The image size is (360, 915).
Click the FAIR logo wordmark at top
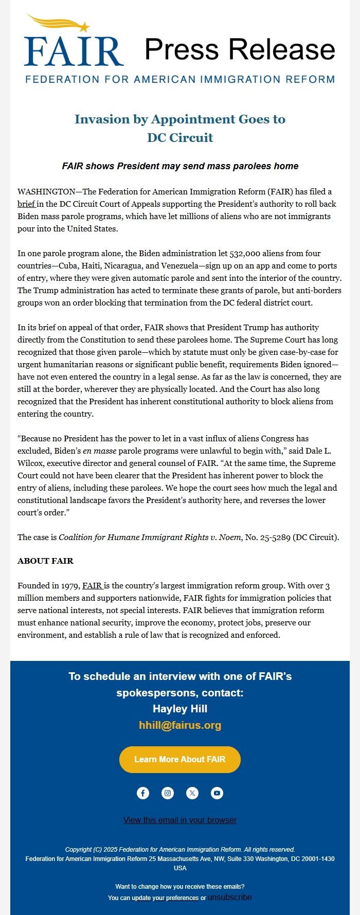(73, 51)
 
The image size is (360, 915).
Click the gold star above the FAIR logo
(84, 27)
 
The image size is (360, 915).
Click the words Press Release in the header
(240, 49)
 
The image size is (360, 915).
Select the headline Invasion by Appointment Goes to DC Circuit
(180, 128)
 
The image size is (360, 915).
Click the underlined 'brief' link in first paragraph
(26, 204)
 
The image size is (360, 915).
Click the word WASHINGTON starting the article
(46, 192)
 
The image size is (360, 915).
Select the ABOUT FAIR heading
(45, 561)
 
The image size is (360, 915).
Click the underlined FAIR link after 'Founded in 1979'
(92, 586)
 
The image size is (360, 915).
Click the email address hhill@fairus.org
(180, 725)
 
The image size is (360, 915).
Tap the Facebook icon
(143, 793)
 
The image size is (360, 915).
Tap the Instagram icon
(168, 793)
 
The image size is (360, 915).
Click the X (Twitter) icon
(192, 793)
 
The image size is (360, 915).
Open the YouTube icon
(217, 793)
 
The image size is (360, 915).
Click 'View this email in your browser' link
(180, 820)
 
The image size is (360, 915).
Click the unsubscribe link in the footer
(230, 898)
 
